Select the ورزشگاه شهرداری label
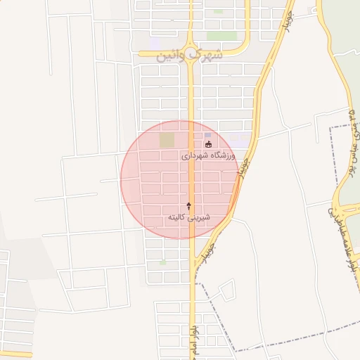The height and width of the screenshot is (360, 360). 210,155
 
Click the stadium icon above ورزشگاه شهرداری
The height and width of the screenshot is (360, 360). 207,145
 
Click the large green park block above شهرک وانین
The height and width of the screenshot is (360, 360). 221,35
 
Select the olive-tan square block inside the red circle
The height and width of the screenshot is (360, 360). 167,140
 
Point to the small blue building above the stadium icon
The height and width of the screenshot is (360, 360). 207,135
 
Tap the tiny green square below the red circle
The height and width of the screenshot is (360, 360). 163,262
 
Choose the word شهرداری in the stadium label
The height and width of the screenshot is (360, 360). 195,155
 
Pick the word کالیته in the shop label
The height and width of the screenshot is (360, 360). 179,218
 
